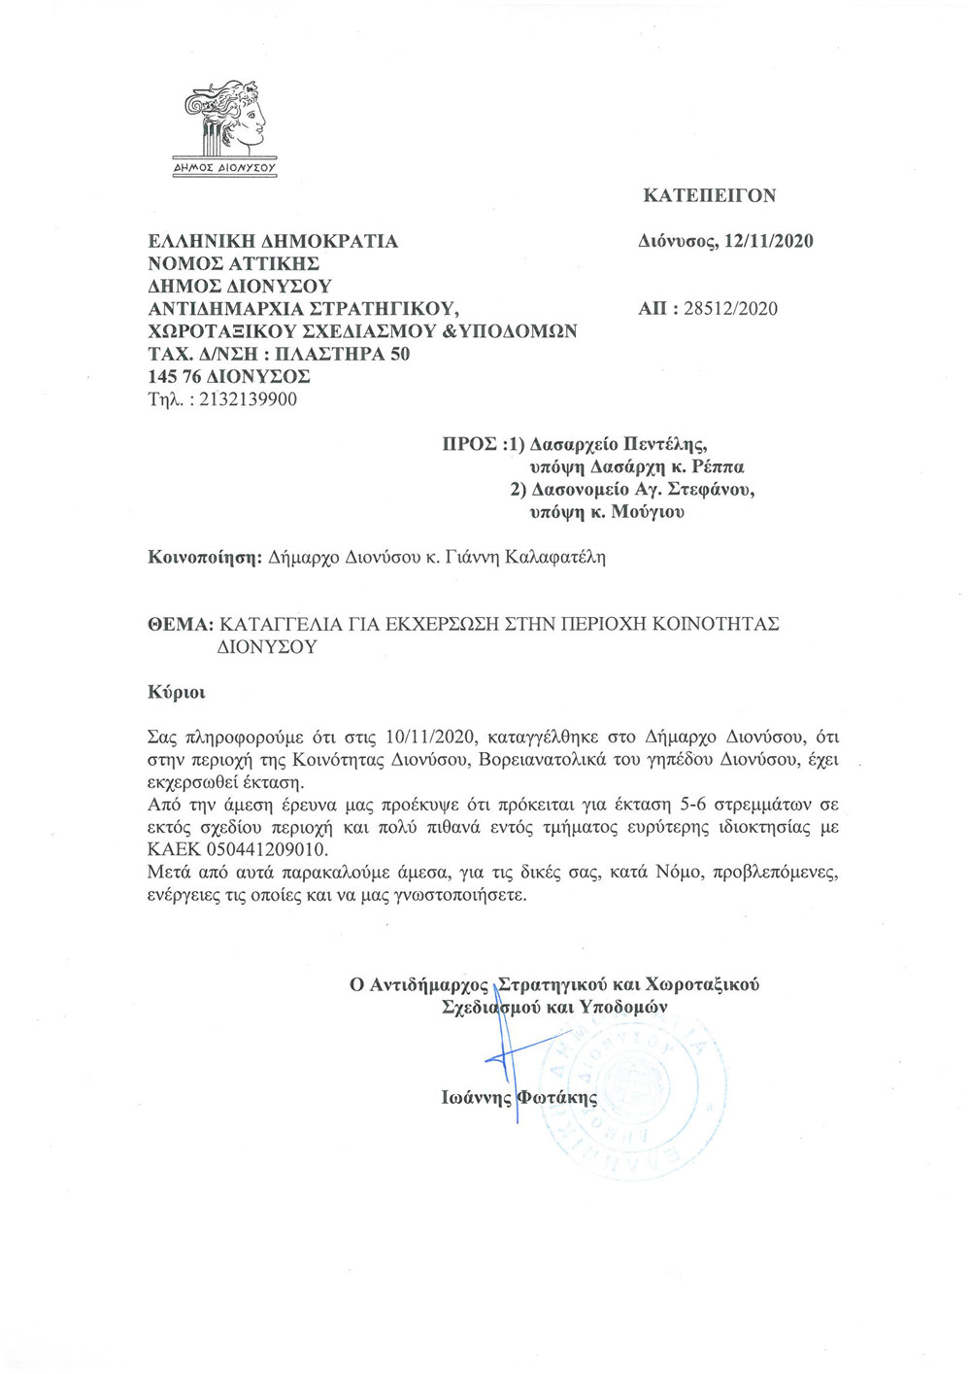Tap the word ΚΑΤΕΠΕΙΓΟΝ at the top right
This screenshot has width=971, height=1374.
(710, 195)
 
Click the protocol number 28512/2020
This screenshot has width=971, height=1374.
(730, 309)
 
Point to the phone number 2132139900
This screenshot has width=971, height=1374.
(248, 399)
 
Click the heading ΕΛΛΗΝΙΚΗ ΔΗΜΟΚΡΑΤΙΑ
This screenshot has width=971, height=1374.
(273, 241)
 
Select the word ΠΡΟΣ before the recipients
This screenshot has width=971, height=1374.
(470, 445)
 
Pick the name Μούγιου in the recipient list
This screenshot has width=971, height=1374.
(648, 512)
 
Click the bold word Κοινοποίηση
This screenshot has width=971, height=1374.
(205, 558)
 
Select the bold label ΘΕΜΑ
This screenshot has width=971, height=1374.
(180, 624)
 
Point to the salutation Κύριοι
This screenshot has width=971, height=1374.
(176, 693)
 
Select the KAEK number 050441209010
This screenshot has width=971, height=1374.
(263, 849)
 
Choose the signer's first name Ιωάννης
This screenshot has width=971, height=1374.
(476, 1098)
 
